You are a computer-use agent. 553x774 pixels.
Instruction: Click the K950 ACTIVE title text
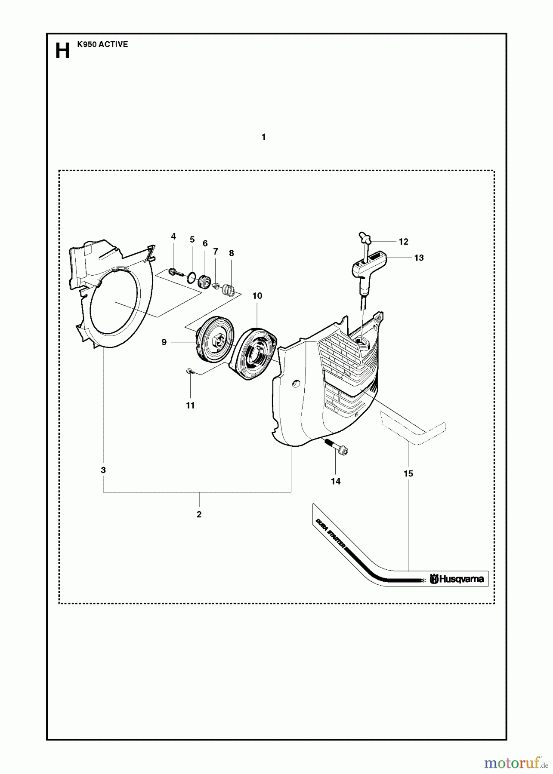pyautogui.click(x=102, y=44)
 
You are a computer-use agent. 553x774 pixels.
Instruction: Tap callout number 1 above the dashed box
pyautogui.click(x=263, y=137)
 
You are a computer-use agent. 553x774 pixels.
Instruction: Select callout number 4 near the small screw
pyautogui.click(x=173, y=236)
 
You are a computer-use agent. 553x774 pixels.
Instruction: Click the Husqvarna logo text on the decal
pyautogui.click(x=457, y=579)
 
